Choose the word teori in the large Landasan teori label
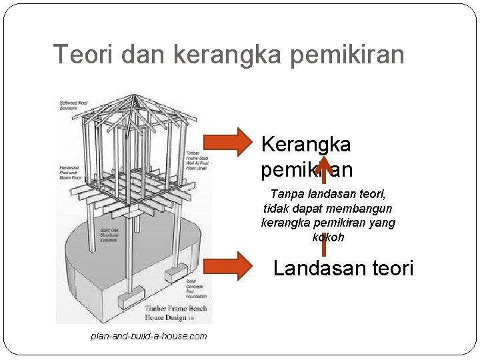(390, 269)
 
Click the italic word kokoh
(328, 237)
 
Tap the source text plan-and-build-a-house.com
(148, 336)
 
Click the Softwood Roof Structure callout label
(73, 104)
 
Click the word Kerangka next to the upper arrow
(306, 144)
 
